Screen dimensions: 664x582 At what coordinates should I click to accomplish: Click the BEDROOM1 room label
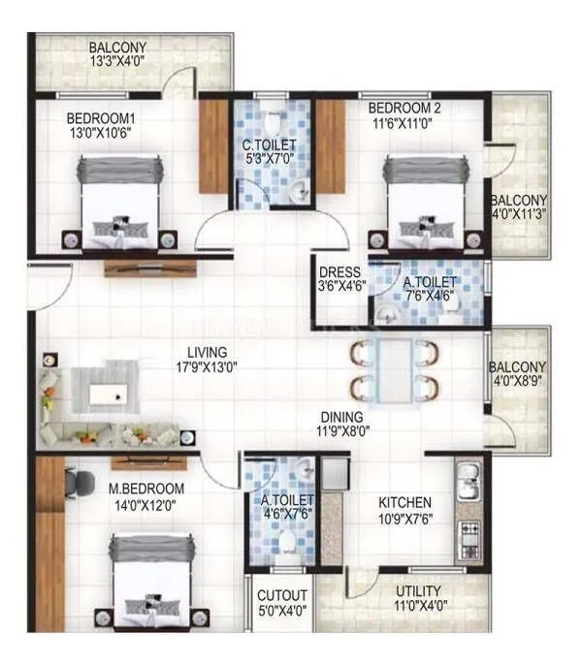click(x=100, y=119)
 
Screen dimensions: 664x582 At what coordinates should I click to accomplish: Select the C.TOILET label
click(x=269, y=146)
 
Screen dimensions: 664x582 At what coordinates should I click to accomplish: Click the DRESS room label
click(x=339, y=272)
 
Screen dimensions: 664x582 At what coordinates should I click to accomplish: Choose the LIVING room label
click(x=209, y=352)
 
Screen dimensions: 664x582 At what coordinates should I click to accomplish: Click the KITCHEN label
click(x=404, y=502)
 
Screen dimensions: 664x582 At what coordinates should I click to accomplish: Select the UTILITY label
click(x=418, y=590)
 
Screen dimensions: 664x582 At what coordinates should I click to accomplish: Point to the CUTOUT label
click(x=283, y=595)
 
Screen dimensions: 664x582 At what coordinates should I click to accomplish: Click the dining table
click(x=395, y=368)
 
